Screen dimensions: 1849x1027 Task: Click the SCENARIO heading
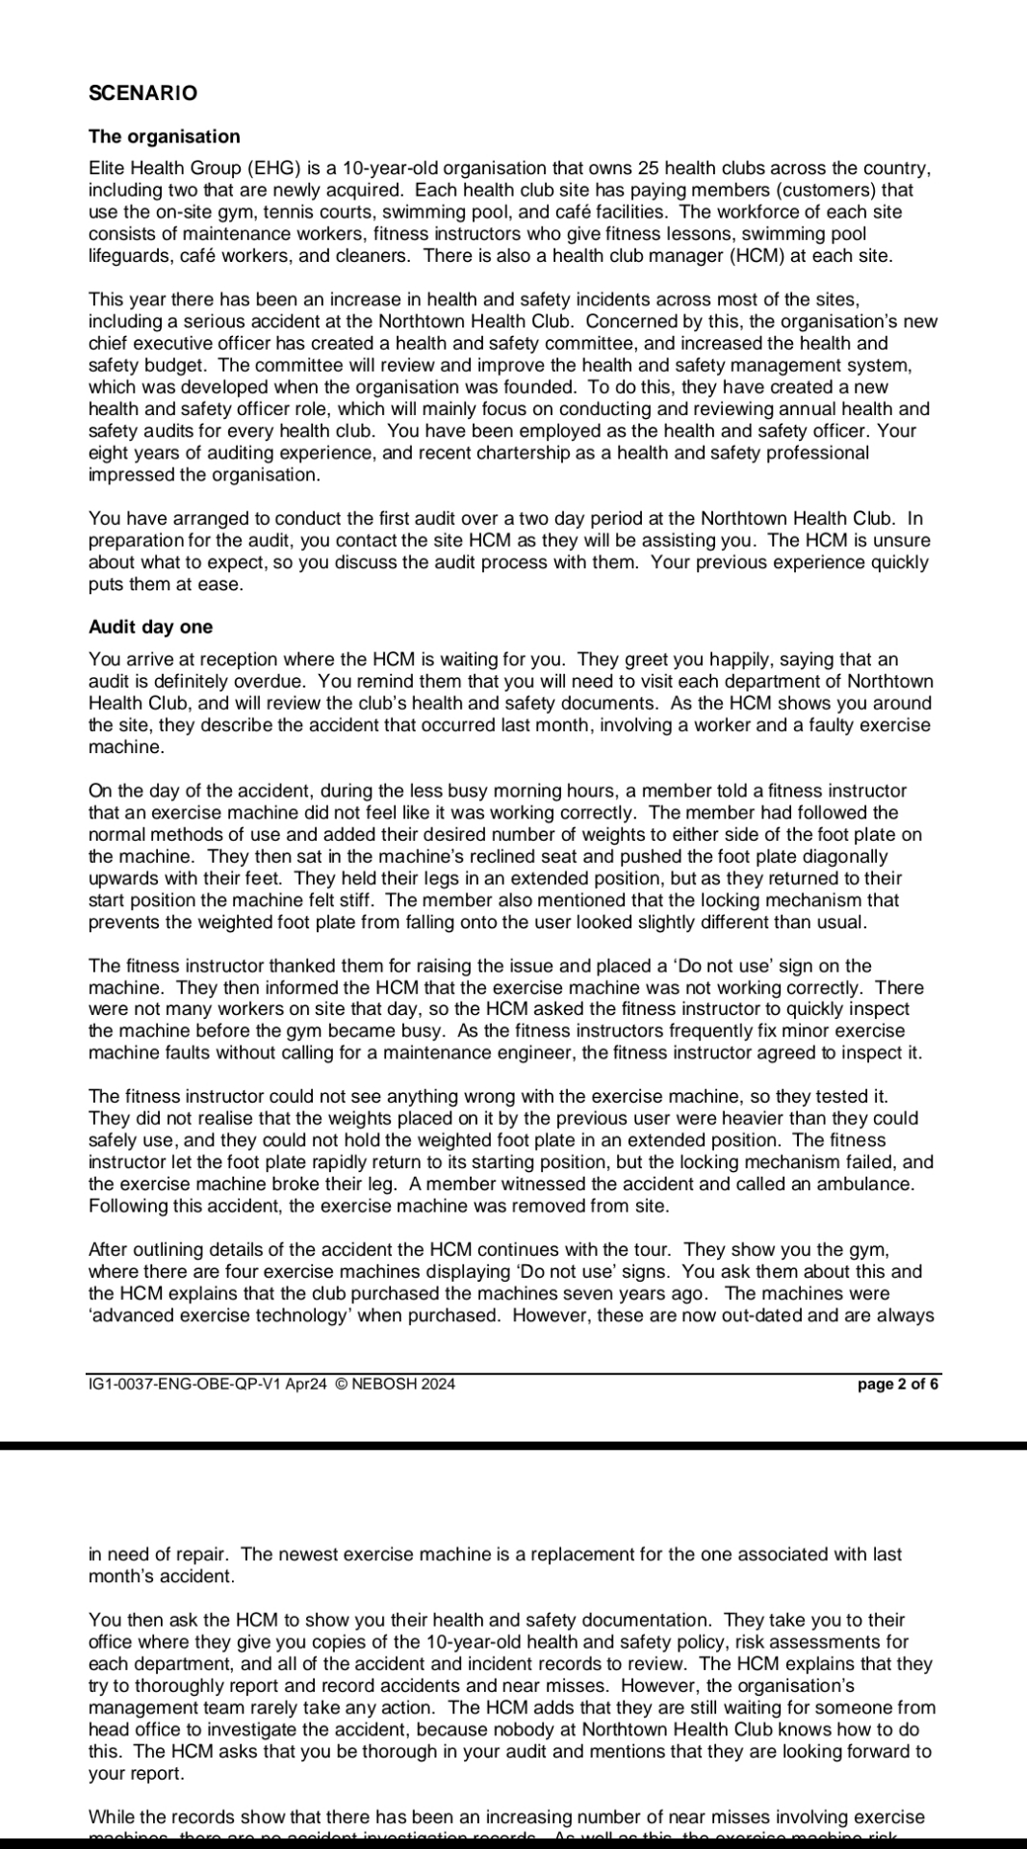pos(142,93)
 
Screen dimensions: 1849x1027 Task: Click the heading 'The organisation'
pos(164,137)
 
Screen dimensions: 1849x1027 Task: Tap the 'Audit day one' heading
pos(150,627)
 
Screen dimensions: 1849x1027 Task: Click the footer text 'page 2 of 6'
pos(897,1384)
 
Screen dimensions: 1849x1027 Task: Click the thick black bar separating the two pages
pos(513,1445)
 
